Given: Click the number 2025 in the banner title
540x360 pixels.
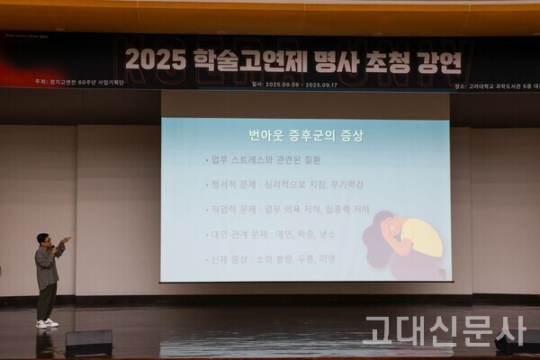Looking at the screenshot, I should pos(156,59).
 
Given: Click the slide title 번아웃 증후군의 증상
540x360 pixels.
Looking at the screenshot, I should pos(306,136).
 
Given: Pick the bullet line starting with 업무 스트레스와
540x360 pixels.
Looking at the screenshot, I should pos(263,160).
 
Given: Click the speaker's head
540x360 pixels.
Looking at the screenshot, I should pos(43,239).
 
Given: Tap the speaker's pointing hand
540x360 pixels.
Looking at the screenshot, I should pos(65,241).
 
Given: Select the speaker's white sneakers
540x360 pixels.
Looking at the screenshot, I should pos(46,323).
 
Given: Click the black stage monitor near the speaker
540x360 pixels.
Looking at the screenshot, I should pos(88,342).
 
